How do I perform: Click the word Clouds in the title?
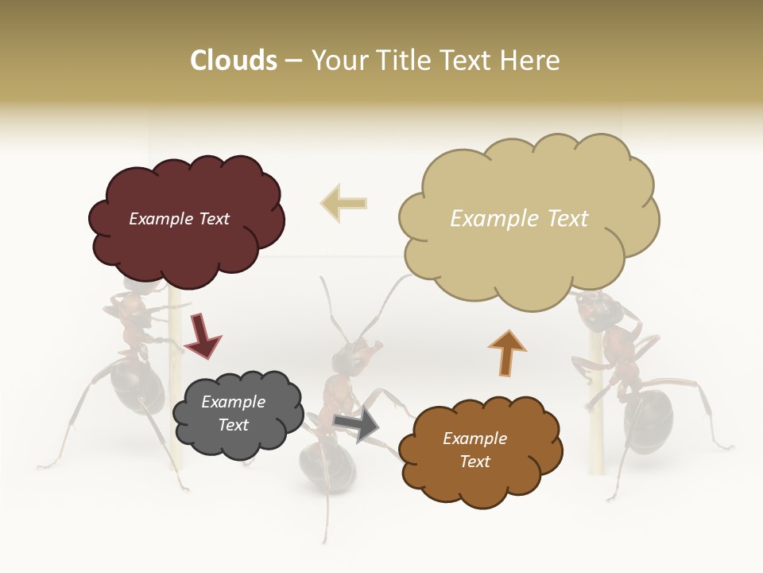[234, 60]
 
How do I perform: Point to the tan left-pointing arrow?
[344, 202]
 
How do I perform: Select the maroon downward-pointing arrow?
[201, 335]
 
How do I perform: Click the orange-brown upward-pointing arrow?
[506, 353]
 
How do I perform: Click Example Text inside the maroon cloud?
[179, 219]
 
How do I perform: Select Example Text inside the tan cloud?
[519, 219]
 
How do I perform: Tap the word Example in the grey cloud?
[233, 402]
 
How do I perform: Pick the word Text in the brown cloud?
[474, 462]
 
